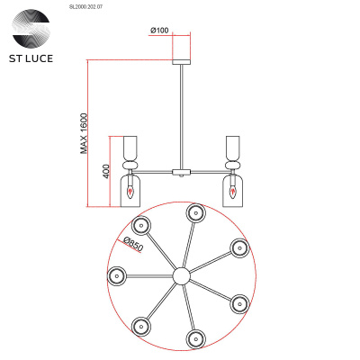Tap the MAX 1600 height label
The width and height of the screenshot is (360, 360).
pyautogui.click(x=85, y=132)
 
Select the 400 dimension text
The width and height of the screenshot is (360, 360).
pyautogui.click(x=106, y=172)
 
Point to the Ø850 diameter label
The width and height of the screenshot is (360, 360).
pyautogui.click(x=133, y=244)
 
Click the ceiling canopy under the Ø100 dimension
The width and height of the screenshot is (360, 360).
pyautogui.click(x=184, y=49)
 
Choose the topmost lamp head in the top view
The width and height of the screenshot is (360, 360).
pyautogui.click(x=193, y=212)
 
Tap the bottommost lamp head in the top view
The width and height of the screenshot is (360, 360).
pyautogui.click(x=193, y=337)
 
